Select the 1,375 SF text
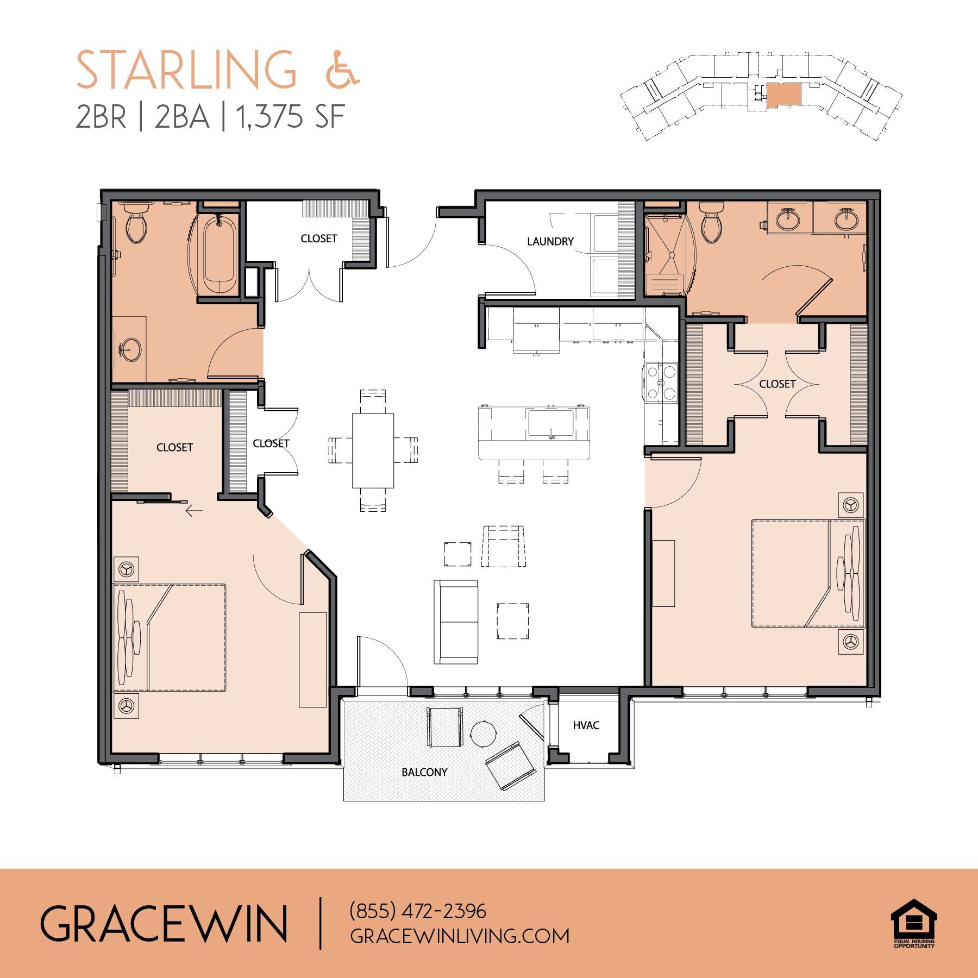pyautogui.click(x=291, y=116)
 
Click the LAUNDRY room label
pyautogui.click(x=550, y=241)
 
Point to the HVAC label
pyautogui.click(x=586, y=725)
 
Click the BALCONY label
pyautogui.click(x=424, y=772)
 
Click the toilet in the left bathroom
pyautogui.click(x=136, y=223)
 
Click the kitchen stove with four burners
pyautogui.click(x=661, y=382)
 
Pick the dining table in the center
pyautogui.click(x=373, y=450)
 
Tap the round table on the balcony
pyautogui.click(x=484, y=734)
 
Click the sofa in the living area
pyautogui.click(x=456, y=622)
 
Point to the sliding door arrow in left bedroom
pyautogui.click(x=194, y=511)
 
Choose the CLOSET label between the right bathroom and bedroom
pyautogui.click(x=778, y=384)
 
